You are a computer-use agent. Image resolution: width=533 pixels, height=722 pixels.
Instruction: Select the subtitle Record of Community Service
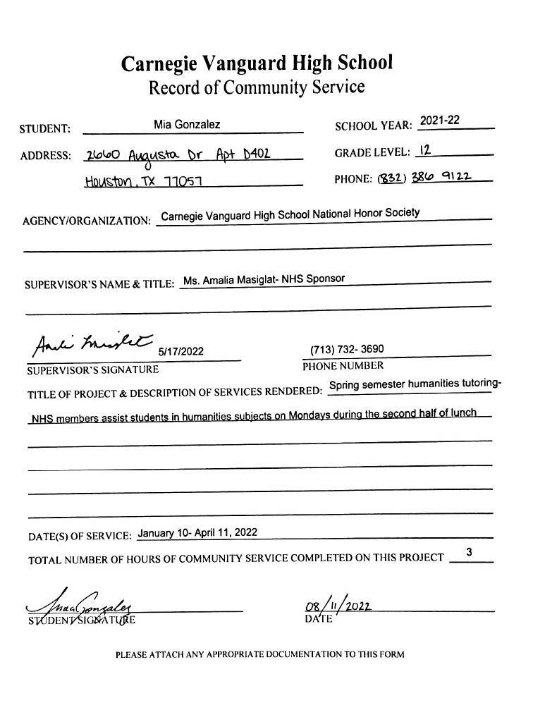(257, 88)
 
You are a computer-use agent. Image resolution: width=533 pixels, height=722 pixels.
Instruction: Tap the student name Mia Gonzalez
(187, 125)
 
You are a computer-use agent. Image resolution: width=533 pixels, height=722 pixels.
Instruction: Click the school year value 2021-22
(439, 121)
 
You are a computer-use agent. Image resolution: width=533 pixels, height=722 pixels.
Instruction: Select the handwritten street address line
(177, 154)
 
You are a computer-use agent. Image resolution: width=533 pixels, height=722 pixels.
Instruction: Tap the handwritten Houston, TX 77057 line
(144, 181)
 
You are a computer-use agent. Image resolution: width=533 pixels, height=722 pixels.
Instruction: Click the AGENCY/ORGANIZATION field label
(87, 221)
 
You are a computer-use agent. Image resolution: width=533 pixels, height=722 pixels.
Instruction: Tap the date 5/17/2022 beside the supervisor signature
(181, 351)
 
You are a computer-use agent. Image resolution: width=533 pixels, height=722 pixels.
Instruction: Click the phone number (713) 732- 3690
(347, 350)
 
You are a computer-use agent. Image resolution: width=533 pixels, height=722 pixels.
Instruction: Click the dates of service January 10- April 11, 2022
(197, 532)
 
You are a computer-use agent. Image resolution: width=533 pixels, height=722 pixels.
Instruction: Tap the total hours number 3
(470, 552)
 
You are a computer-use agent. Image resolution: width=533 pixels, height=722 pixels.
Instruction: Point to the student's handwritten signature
(81, 606)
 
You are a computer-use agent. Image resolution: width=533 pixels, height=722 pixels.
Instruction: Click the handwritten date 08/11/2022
(338, 606)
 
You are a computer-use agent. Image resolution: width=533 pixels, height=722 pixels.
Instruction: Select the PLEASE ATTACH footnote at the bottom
(259, 654)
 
